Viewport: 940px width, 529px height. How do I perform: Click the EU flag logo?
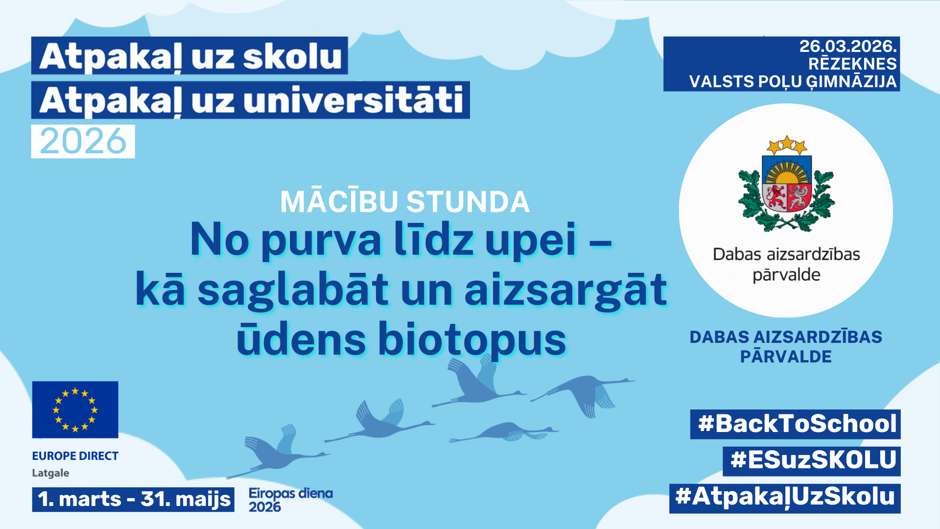75,409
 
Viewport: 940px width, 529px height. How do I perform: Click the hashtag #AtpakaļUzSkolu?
785,497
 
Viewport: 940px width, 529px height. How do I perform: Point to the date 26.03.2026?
848,47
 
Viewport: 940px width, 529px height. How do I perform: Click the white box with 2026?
83,142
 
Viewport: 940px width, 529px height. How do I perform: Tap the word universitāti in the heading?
352,100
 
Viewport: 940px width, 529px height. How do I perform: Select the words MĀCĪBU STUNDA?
405,202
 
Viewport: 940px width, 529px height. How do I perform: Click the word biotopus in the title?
472,340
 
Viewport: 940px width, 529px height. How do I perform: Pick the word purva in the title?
322,240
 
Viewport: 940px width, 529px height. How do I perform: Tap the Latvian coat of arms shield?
787,184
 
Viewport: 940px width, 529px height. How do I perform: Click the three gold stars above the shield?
787,144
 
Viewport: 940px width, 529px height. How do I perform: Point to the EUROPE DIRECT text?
75,456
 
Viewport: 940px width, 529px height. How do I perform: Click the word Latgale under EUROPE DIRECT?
50,473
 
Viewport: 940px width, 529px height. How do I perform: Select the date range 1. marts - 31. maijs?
133,499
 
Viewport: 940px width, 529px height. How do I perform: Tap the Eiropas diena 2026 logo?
290,500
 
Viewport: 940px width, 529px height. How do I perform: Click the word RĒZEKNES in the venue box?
852,64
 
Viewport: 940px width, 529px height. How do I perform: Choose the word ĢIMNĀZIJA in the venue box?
851,82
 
